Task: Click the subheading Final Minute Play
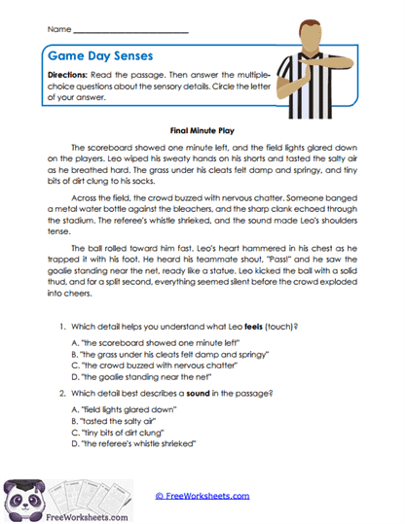202,127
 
